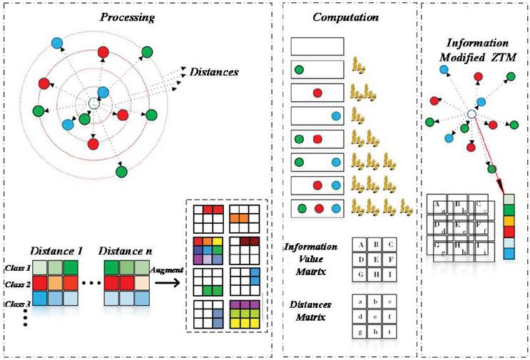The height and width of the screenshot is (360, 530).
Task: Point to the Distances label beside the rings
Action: click(x=213, y=72)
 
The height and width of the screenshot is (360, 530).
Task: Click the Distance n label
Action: click(x=129, y=252)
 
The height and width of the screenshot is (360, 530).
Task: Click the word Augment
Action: click(x=167, y=271)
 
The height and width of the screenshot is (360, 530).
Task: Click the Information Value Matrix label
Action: click(x=311, y=258)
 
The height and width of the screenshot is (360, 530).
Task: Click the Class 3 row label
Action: click(x=16, y=304)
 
